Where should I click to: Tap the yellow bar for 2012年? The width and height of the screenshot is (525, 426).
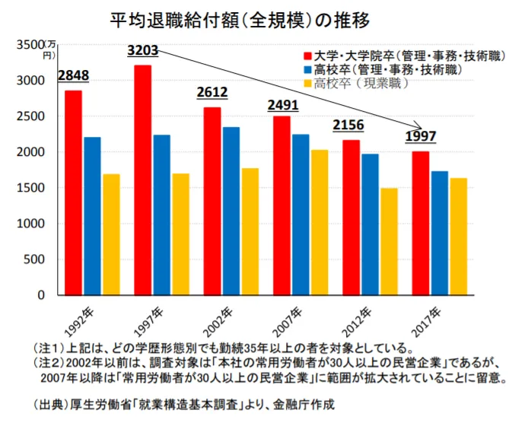coord(389,241)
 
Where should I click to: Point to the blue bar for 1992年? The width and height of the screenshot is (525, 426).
coord(92,216)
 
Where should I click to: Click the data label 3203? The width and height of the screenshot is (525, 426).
coord(142,51)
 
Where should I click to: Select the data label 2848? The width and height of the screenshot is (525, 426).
coord(73,76)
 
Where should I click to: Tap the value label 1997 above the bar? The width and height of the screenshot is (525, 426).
coord(421,137)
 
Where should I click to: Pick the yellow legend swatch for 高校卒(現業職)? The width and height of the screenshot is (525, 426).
coord(307,83)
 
